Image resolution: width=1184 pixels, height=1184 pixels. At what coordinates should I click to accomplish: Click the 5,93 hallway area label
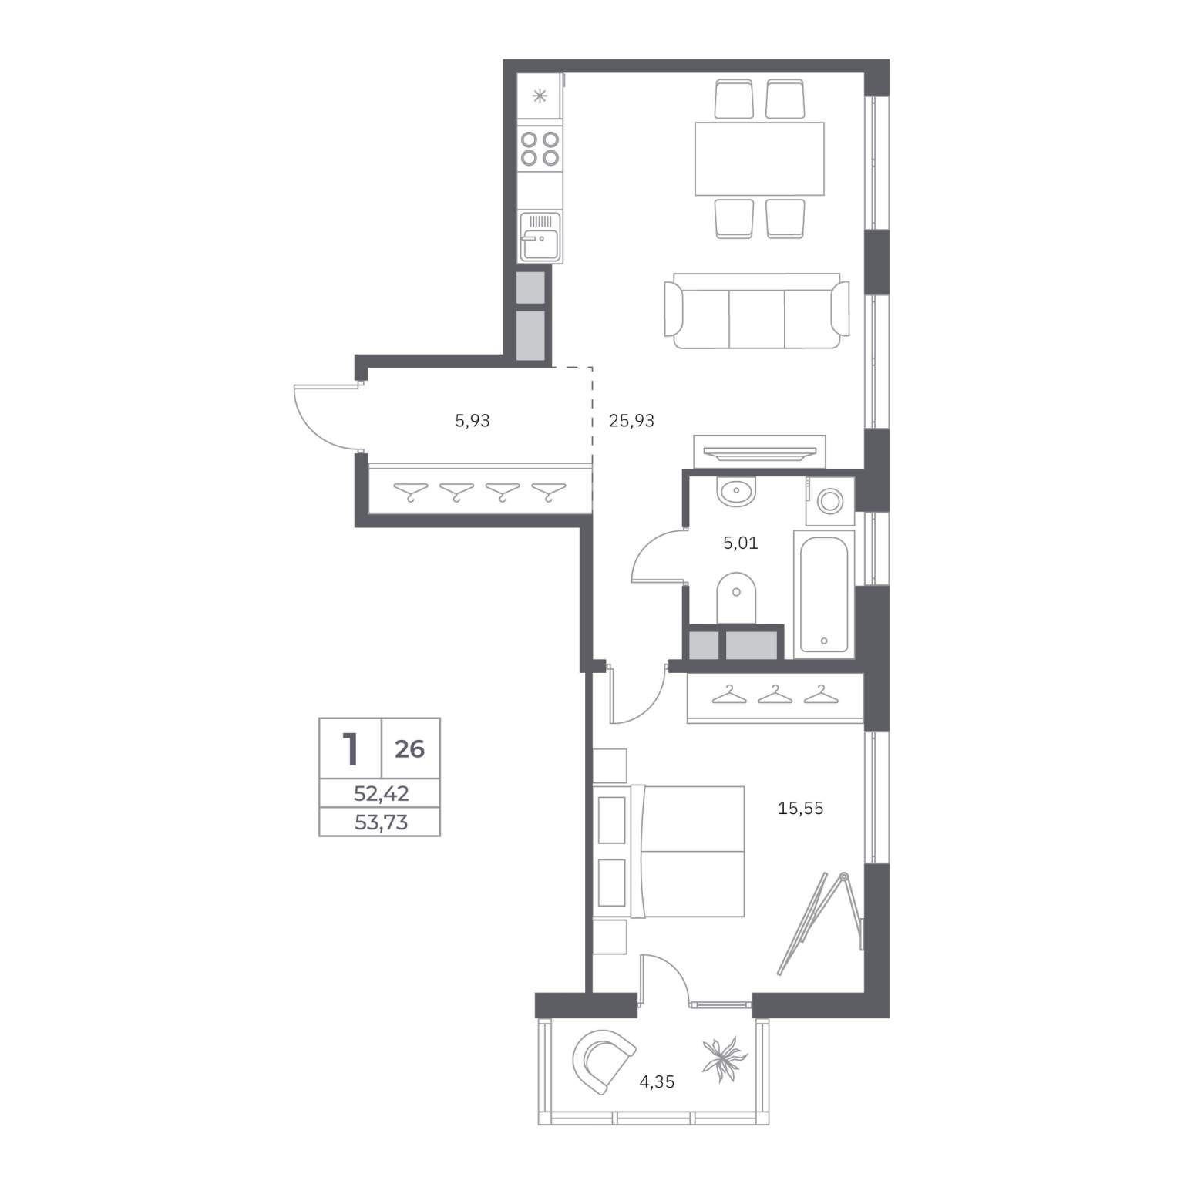[473, 421]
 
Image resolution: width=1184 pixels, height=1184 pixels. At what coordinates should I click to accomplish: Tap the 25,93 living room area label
[631, 421]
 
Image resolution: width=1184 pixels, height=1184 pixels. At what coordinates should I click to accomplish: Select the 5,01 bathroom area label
[740, 543]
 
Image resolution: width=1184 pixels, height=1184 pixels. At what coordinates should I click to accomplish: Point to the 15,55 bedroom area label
[801, 808]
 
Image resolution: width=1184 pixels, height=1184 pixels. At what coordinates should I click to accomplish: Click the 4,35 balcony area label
[657, 1081]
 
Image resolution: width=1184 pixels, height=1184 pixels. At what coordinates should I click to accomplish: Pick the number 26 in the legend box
[410, 748]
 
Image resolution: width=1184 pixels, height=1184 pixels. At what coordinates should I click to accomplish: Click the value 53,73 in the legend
[381, 822]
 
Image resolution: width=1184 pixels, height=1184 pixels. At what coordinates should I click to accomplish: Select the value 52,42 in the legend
[381, 793]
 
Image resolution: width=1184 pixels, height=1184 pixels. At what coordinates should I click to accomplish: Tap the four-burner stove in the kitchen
[540, 149]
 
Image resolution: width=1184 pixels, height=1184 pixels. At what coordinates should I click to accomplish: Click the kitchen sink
[540, 237]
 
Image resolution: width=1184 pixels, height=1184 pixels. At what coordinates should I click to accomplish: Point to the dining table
[759, 158]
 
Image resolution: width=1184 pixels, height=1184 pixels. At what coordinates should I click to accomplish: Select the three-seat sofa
[757, 310]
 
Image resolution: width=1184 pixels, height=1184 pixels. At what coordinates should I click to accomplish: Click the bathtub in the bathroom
[824, 593]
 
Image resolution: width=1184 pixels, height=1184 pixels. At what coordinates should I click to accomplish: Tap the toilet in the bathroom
[737, 599]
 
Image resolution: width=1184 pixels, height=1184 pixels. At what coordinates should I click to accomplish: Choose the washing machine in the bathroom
[830, 501]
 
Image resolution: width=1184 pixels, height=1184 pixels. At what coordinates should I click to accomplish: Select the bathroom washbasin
[737, 490]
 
